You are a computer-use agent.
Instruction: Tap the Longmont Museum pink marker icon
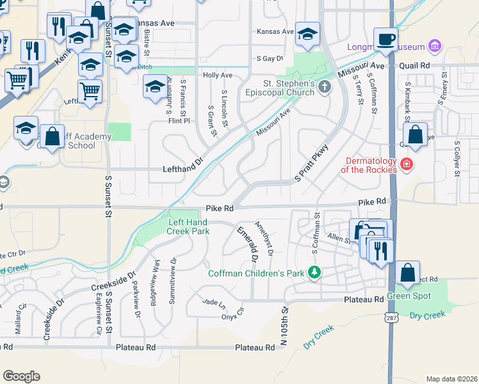(435, 46)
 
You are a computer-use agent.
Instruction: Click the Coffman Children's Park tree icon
(314, 273)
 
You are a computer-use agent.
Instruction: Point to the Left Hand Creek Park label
(188, 226)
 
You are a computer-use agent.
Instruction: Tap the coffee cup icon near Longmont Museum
(386, 40)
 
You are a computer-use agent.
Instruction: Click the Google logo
(21, 376)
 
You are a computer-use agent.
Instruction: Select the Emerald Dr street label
(247, 244)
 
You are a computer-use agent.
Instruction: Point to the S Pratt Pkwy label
(306, 167)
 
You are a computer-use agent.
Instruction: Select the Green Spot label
(409, 296)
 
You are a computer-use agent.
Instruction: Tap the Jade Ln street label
(215, 301)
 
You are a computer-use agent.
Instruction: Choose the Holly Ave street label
(217, 76)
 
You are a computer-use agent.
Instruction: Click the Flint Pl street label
(179, 120)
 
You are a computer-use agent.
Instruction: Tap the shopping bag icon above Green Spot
(407, 273)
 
